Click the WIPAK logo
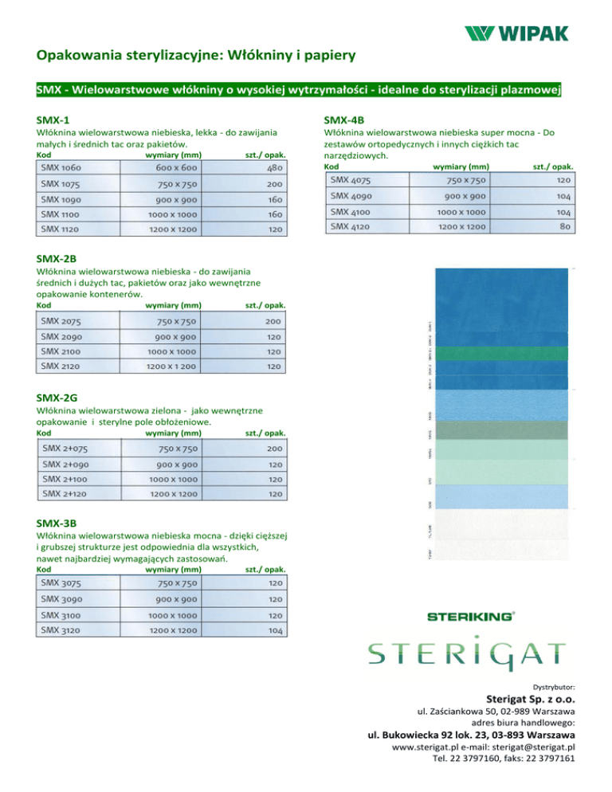pyautogui.click(x=517, y=33)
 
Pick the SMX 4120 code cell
pyautogui.click(x=351, y=227)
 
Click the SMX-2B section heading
pyautogui.click(x=57, y=258)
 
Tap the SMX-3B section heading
pyautogui.click(x=57, y=523)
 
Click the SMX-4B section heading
pyautogui.click(x=345, y=119)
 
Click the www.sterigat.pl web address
pyautogui.click(x=428, y=748)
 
